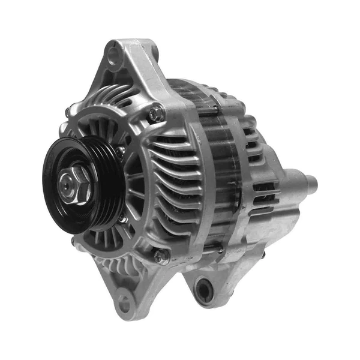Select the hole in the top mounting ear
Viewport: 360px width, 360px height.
pos(113,56)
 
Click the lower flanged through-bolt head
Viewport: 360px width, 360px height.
pos(160,256)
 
